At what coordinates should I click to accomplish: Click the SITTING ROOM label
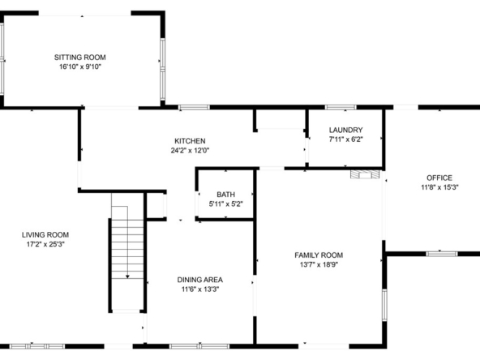[80, 58]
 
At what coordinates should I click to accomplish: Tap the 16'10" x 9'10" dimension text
[80, 66]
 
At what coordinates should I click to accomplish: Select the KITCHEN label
[190, 141]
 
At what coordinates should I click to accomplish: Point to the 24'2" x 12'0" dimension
[190, 150]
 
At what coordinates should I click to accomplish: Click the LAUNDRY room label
[346, 130]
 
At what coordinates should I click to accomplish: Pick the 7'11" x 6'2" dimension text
[346, 139]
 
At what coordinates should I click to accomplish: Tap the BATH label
[226, 195]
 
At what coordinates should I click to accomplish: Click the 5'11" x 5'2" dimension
[226, 204]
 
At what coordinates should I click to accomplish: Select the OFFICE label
[439, 178]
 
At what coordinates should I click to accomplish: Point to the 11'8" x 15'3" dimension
[439, 187]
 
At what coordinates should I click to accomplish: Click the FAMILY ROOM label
[319, 255]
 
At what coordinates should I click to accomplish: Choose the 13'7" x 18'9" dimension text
[319, 264]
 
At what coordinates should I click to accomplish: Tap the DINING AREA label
[200, 280]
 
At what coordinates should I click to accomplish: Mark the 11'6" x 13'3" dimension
[200, 289]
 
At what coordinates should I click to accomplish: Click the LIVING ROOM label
[45, 235]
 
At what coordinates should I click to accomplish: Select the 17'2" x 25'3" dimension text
[45, 244]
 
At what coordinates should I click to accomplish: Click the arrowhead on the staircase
[127, 276]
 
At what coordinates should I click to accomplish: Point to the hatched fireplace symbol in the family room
[365, 174]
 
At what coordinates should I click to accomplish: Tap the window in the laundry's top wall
[341, 107]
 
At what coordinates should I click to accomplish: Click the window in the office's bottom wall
[442, 254]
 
